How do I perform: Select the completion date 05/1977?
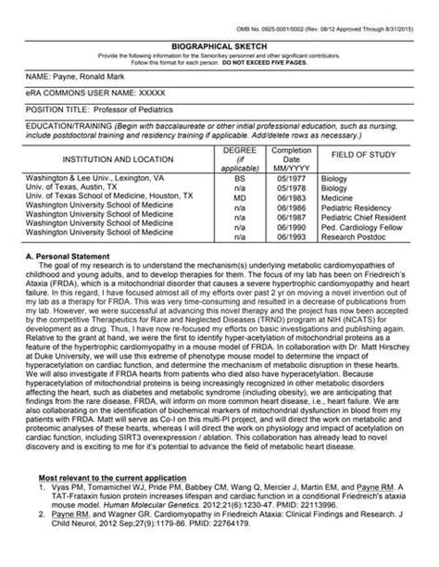291,175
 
